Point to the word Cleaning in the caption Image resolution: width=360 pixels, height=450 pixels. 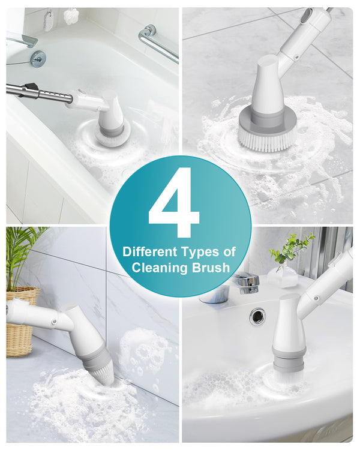[159, 268]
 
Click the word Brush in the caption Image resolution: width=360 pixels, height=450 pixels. [211, 268]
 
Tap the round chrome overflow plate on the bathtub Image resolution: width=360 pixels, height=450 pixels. [38, 58]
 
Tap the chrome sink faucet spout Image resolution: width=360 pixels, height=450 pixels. [246, 281]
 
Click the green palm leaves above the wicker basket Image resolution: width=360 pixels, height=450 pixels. [24, 252]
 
